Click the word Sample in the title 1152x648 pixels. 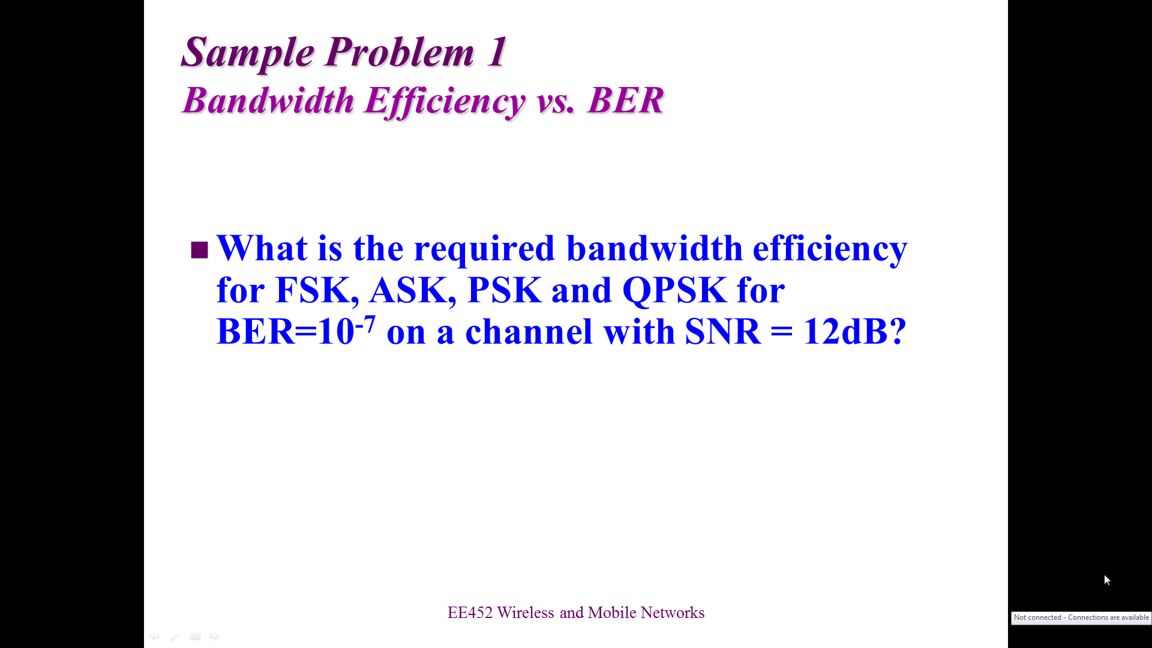point(247,53)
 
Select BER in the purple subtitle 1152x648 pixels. point(626,100)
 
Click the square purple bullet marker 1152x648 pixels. point(199,250)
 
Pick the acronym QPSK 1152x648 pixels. point(674,291)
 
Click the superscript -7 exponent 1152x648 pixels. point(365,324)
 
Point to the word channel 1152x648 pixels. point(529,331)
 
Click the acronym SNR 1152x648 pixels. point(723,331)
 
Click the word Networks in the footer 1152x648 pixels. point(673,613)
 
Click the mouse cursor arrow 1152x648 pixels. point(1107,580)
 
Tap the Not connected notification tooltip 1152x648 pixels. point(1081,617)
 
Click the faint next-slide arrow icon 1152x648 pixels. point(214,636)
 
